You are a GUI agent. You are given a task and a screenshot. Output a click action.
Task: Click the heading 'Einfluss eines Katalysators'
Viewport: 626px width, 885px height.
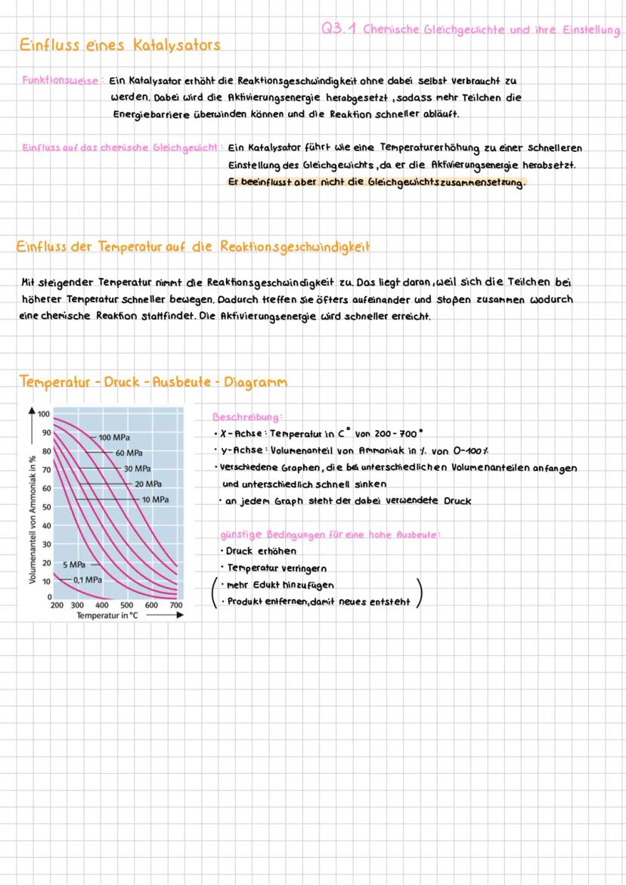[x=119, y=45]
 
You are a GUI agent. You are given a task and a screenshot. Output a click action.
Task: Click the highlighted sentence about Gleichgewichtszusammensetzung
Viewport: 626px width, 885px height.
[x=376, y=182]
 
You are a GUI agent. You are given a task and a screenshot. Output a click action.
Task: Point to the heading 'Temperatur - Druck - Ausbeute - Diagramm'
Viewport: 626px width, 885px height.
[x=153, y=382]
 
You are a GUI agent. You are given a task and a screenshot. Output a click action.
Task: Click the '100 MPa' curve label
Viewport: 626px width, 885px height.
[x=114, y=438]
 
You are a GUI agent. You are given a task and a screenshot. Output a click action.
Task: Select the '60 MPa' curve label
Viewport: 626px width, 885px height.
[x=129, y=453]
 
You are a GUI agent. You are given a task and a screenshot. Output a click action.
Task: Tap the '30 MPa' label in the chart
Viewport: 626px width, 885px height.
[x=138, y=469]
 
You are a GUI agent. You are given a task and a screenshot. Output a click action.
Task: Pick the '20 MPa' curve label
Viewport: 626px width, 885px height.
[x=148, y=484]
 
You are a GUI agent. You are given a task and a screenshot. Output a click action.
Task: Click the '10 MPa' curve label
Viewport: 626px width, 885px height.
[x=155, y=500]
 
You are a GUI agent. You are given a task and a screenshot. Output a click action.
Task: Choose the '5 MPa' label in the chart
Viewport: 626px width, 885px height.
[x=74, y=565]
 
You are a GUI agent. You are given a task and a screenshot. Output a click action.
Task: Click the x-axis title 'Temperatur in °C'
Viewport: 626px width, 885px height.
[x=107, y=615]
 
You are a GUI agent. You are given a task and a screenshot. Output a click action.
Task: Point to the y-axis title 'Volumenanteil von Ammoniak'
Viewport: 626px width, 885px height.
[x=33, y=519]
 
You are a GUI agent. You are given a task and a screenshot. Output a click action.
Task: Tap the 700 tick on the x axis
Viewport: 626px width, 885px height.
[x=175, y=605]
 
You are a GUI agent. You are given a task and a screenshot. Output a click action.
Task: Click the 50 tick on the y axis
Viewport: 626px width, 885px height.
[x=45, y=507]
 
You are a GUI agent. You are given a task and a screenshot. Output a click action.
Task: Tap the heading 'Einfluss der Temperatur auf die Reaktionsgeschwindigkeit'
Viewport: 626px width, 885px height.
[x=193, y=247]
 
